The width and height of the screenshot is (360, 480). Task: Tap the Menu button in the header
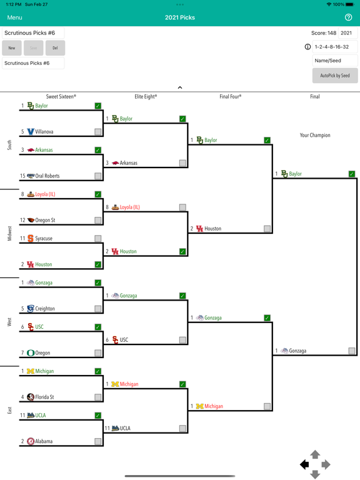(x=15, y=17)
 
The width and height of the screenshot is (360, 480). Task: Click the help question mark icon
(x=348, y=17)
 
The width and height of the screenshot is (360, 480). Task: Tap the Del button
(x=55, y=48)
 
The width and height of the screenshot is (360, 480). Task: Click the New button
(x=12, y=48)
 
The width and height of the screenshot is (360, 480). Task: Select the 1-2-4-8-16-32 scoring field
(x=334, y=47)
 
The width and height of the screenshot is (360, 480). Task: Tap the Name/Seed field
(x=334, y=61)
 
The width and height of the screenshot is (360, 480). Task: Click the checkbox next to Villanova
(x=98, y=132)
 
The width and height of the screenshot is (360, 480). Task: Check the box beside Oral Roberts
(x=98, y=176)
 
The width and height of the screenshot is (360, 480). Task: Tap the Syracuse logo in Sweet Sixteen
(x=30, y=238)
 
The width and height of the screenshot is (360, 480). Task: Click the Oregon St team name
(x=45, y=220)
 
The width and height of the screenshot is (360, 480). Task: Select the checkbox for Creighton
(x=98, y=309)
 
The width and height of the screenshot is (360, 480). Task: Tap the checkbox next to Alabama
(x=98, y=441)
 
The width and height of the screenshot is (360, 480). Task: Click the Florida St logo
(x=30, y=397)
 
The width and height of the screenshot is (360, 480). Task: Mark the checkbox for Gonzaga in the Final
(x=352, y=351)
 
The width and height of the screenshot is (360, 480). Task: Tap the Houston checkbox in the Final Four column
(x=267, y=229)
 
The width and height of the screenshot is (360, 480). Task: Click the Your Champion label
(x=315, y=135)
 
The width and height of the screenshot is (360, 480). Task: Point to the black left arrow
(x=304, y=465)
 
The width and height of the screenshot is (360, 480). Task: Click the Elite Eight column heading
(x=146, y=97)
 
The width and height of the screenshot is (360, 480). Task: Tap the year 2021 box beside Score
(x=346, y=33)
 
